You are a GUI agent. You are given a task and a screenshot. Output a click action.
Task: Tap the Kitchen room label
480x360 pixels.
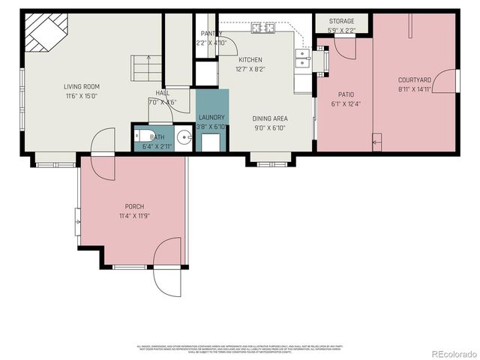pos(250,59)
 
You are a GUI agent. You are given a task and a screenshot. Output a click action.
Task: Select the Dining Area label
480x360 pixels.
pos(268,118)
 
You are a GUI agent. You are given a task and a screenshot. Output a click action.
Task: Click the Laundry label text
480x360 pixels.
pos(211,118)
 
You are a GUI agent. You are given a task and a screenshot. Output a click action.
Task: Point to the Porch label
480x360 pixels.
pos(134,206)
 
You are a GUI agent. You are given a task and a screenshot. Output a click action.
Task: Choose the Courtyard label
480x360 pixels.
pos(414,79)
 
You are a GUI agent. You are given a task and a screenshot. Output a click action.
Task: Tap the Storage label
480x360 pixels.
pos(341,22)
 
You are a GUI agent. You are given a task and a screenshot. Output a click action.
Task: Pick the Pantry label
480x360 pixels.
pos(209,34)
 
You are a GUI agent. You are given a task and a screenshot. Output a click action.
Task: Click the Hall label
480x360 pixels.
pos(162,93)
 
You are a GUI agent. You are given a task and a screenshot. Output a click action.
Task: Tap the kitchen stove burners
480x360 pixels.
pos(262,28)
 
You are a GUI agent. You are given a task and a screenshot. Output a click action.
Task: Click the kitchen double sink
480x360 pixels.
pos(303,58)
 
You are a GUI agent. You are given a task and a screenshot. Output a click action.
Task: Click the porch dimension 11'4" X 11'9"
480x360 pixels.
pos(134,216)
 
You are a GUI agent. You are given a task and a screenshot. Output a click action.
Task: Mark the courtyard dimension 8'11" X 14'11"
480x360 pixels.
pos(414,88)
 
